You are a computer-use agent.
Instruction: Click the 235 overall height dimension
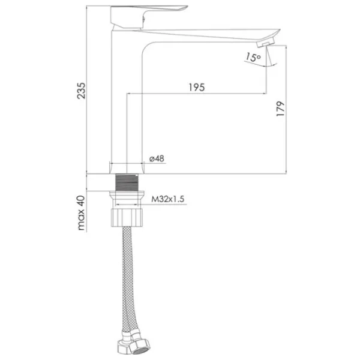(81, 91)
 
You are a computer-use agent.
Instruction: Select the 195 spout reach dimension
(197, 88)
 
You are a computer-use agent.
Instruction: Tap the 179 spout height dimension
(280, 109)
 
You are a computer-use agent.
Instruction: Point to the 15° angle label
(253, 57)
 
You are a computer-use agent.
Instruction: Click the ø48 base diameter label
(157, 158)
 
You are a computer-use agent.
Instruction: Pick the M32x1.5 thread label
(167, 199)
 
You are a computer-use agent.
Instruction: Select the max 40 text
(81, 213)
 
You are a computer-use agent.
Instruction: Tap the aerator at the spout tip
(266, 42)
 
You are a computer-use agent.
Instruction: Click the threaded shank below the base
(127, 182)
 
